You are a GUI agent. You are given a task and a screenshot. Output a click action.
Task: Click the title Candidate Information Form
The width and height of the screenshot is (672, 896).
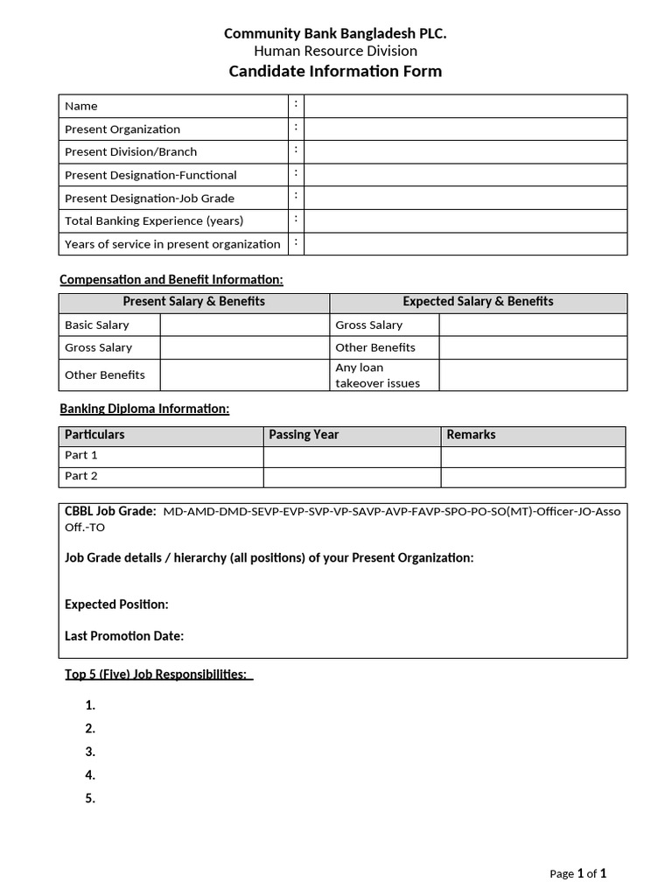pyautogui.click(x=335, y=72)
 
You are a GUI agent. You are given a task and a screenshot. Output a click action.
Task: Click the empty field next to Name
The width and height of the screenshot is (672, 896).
pyautogui.click(x=465, y=106)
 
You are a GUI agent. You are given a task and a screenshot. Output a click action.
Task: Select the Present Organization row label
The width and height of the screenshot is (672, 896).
pyautogui.click(x=122, y=129)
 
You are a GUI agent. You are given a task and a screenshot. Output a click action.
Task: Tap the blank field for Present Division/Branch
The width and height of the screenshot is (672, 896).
pyautogui.click(x=465, y=151)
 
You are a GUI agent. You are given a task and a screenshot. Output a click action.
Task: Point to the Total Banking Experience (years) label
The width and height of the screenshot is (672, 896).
pyautogui.click(x=154, y=220)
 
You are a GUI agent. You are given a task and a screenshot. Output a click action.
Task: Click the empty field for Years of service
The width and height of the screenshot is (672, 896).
pyautogui.click(x=465, y=243)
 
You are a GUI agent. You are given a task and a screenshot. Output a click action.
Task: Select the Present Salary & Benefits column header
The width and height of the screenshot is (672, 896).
pyautogui.click(x=193, y=302)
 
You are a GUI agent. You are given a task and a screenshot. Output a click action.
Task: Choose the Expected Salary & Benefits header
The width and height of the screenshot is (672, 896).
pyautogui.click(x=478, y=302)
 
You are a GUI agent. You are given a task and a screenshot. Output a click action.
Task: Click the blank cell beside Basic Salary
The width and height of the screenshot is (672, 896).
pyautogui.click(x=244, y=325)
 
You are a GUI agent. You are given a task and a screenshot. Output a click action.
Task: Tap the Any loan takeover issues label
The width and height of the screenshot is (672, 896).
pyautogui.click(x=377, y=375)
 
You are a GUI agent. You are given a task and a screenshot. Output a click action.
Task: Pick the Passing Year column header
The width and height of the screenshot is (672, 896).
pyautogui.click(x=304, y=435)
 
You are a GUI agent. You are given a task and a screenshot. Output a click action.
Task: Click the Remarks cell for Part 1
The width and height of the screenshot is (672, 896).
pyautogui.click(x=533, y=456)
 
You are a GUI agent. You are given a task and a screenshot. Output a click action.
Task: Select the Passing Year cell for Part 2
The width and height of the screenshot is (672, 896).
pyautogui.click(x=352, y=477)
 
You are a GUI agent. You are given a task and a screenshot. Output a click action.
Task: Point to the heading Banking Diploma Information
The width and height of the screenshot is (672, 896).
pyautogui.click(x=144, y=409)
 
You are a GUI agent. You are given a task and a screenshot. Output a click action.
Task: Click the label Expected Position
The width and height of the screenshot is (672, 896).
pyautogui.click(x=116, y=605)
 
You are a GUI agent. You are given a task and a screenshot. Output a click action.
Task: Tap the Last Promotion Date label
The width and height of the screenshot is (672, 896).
pyautogui.click(x=124, y=636)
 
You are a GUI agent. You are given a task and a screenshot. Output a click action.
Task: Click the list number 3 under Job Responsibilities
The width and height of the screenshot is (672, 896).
pyautogui.click(x=90, y=752)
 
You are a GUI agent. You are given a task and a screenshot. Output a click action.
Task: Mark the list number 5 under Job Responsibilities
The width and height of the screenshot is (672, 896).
pyautogui.click(x=90, y=798)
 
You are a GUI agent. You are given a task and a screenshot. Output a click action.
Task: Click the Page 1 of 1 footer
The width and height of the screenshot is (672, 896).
pyautogui.click(x=577, y=873)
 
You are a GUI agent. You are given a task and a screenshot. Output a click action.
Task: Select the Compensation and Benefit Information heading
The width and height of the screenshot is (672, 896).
pyautogui.click(x=171, y=280)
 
